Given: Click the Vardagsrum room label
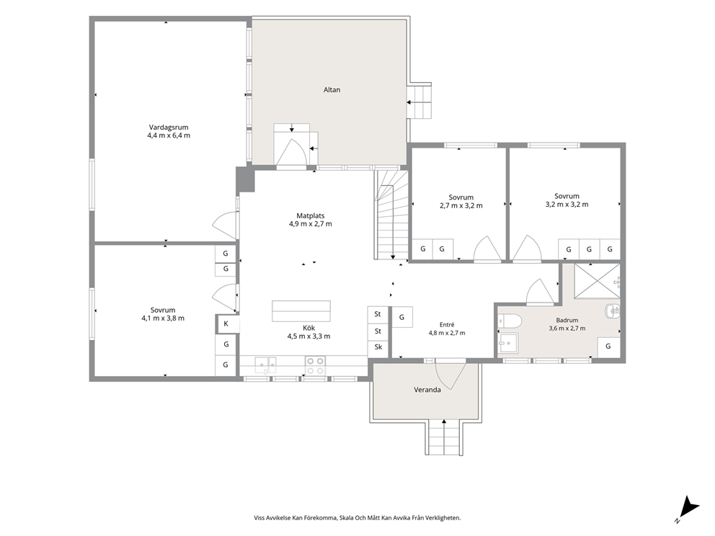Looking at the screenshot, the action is tap(168, 128).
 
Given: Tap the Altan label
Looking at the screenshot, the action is tap(332, 90).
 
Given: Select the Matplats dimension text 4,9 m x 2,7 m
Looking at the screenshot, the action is tap(310, 224).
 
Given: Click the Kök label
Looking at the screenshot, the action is tap(308, 328).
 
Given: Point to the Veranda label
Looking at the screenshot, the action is tap(427, 390).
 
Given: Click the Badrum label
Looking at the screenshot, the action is tap(567, 320).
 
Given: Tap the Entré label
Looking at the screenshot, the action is tap(447, 324).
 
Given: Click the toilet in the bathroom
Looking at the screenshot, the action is tap(510, 321).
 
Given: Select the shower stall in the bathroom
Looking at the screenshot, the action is tap(597, 281).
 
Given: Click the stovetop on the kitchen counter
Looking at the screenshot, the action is tap(315, 365).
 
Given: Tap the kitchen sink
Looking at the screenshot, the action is tap(265, 365).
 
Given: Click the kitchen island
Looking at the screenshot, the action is tap(301, 311).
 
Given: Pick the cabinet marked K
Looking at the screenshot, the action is tap(226, 324).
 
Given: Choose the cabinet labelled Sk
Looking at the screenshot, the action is tap(378, 347).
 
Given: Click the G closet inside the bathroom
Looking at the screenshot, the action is tap(608, 347).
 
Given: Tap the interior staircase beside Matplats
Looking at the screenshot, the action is tap(391, 214).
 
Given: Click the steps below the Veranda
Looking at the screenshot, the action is tap(444, 437).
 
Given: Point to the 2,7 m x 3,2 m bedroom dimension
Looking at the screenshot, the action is tap(461, 205).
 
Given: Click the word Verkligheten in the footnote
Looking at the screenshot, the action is tap(445, 518).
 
